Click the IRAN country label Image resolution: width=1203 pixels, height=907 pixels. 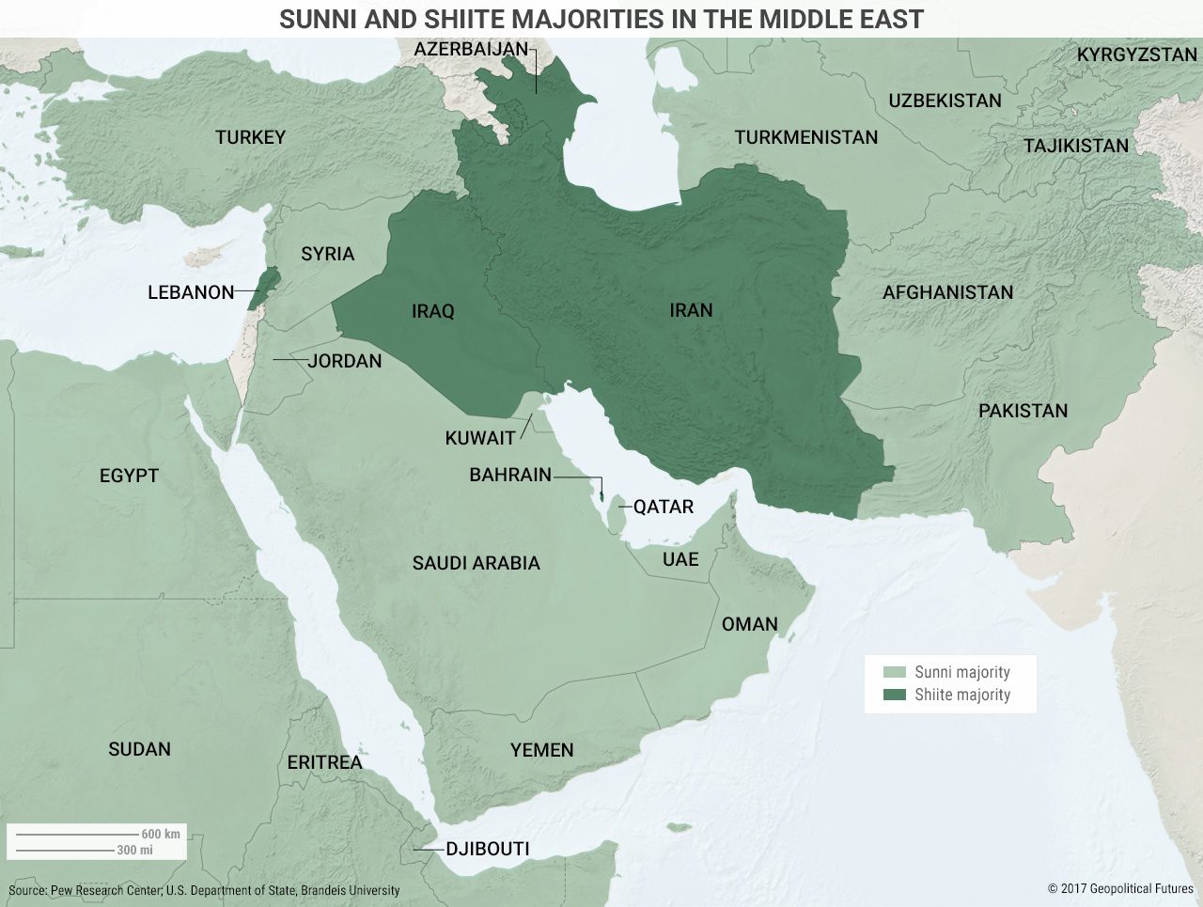click(x=691, y=310)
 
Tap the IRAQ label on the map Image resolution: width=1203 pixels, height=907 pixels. click(x=432, y=311)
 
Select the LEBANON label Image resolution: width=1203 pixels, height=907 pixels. click(x=191, y=292)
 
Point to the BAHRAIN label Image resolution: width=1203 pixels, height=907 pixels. click(x=510, y=475)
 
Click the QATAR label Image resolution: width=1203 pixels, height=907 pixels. click(x=664, y=507)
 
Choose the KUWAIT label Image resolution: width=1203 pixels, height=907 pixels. click(x=480, y=438)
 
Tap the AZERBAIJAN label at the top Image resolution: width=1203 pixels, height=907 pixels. click(x=471, y=49)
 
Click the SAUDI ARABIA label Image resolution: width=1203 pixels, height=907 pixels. click(x=476, y=563)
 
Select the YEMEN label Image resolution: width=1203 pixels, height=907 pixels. click(x=541, y=750)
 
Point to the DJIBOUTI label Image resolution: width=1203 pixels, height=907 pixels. click(x=488, y=849)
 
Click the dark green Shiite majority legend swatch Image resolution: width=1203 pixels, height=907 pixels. click(x=895, y=695)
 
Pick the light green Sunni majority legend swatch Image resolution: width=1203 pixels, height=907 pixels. click(x=895, y=672)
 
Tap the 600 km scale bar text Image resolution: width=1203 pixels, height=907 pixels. click(x=161, y=834)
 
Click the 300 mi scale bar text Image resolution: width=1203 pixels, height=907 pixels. click(x=134, y=850)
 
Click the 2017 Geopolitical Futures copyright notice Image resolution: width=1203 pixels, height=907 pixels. click(x=1120, y=888)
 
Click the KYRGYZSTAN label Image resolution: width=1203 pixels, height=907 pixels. click(x=1136, y=55)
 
